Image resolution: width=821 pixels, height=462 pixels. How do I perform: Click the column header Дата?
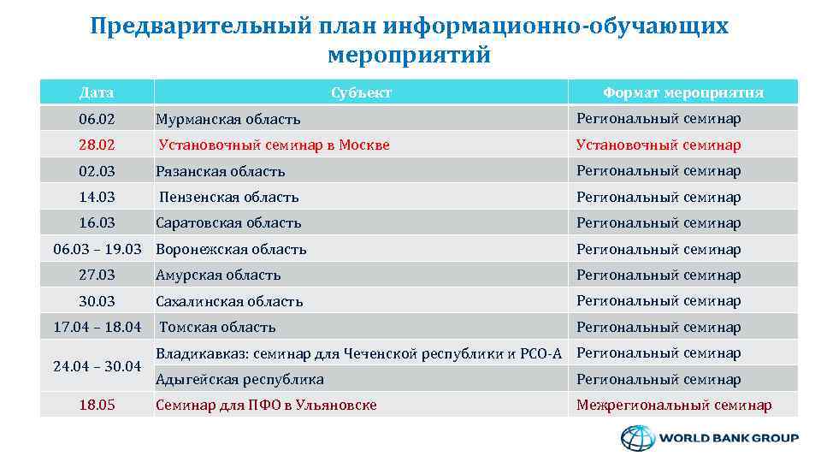[x=97, y=92]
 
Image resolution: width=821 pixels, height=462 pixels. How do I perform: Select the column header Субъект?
[x=361, y=92]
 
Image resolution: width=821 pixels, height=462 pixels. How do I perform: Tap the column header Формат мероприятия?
[x=682, y=92]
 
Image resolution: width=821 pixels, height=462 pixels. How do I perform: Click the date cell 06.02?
[x=97, y=119]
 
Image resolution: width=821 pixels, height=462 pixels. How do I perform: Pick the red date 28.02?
[x=97, y=145]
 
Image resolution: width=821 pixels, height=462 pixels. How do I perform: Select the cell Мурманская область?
[x=227, y=120]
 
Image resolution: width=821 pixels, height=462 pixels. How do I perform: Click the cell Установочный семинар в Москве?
[x=274, y=145]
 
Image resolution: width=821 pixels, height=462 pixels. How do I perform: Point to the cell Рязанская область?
[x=220, y=171]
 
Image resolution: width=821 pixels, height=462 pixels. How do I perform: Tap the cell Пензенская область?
[x=228, y=197]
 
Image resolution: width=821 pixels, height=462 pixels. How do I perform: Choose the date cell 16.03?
[x=97, y=222]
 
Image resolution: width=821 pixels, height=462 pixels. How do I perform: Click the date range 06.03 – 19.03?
[x=97, y=249]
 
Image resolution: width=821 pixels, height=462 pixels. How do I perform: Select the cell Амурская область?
[x=218, y=275]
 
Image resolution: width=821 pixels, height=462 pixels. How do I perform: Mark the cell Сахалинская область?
[x=229, y=301]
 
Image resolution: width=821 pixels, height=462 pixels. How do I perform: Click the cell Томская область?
[x=217, y=327]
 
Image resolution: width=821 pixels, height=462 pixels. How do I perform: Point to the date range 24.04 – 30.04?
[x=97, y=366]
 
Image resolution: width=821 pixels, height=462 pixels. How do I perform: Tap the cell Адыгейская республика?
[x=239, y=379]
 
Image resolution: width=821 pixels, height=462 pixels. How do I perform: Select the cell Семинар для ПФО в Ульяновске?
[x=266, y=405]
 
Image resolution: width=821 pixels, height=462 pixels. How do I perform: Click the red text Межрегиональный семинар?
[x=674, y=405]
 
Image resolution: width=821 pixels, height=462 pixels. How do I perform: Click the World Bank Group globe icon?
[x=636, y=438]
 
